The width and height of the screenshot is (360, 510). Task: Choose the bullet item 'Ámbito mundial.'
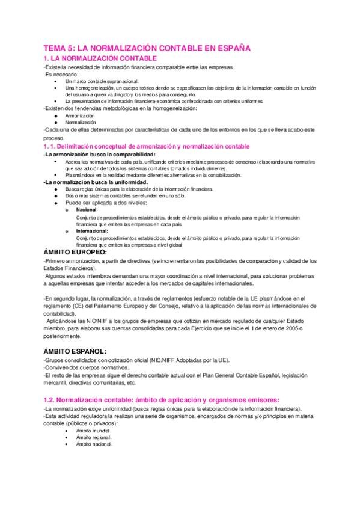click(x=88, y=431)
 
